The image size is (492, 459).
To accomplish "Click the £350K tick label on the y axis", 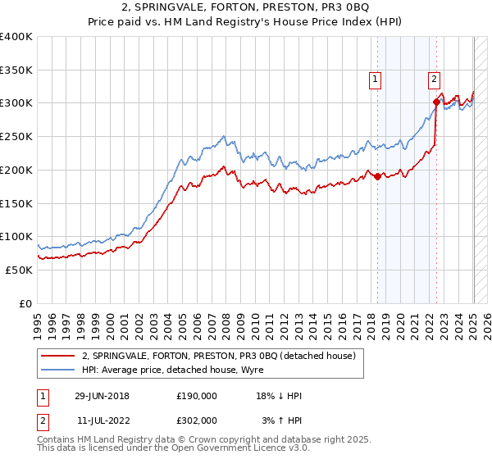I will point(16,70).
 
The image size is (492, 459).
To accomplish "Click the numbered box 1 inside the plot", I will point(375,80).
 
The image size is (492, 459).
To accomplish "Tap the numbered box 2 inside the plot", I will point(433,80).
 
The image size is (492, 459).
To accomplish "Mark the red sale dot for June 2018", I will point(377,176).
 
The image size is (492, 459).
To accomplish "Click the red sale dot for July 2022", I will point(436,102).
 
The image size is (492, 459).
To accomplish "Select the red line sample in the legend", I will point(58,356).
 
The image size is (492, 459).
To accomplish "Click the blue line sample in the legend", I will point(58,370).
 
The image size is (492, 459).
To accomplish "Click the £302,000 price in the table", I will point(196,420).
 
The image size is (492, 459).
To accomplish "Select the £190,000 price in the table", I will point(196,396).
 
